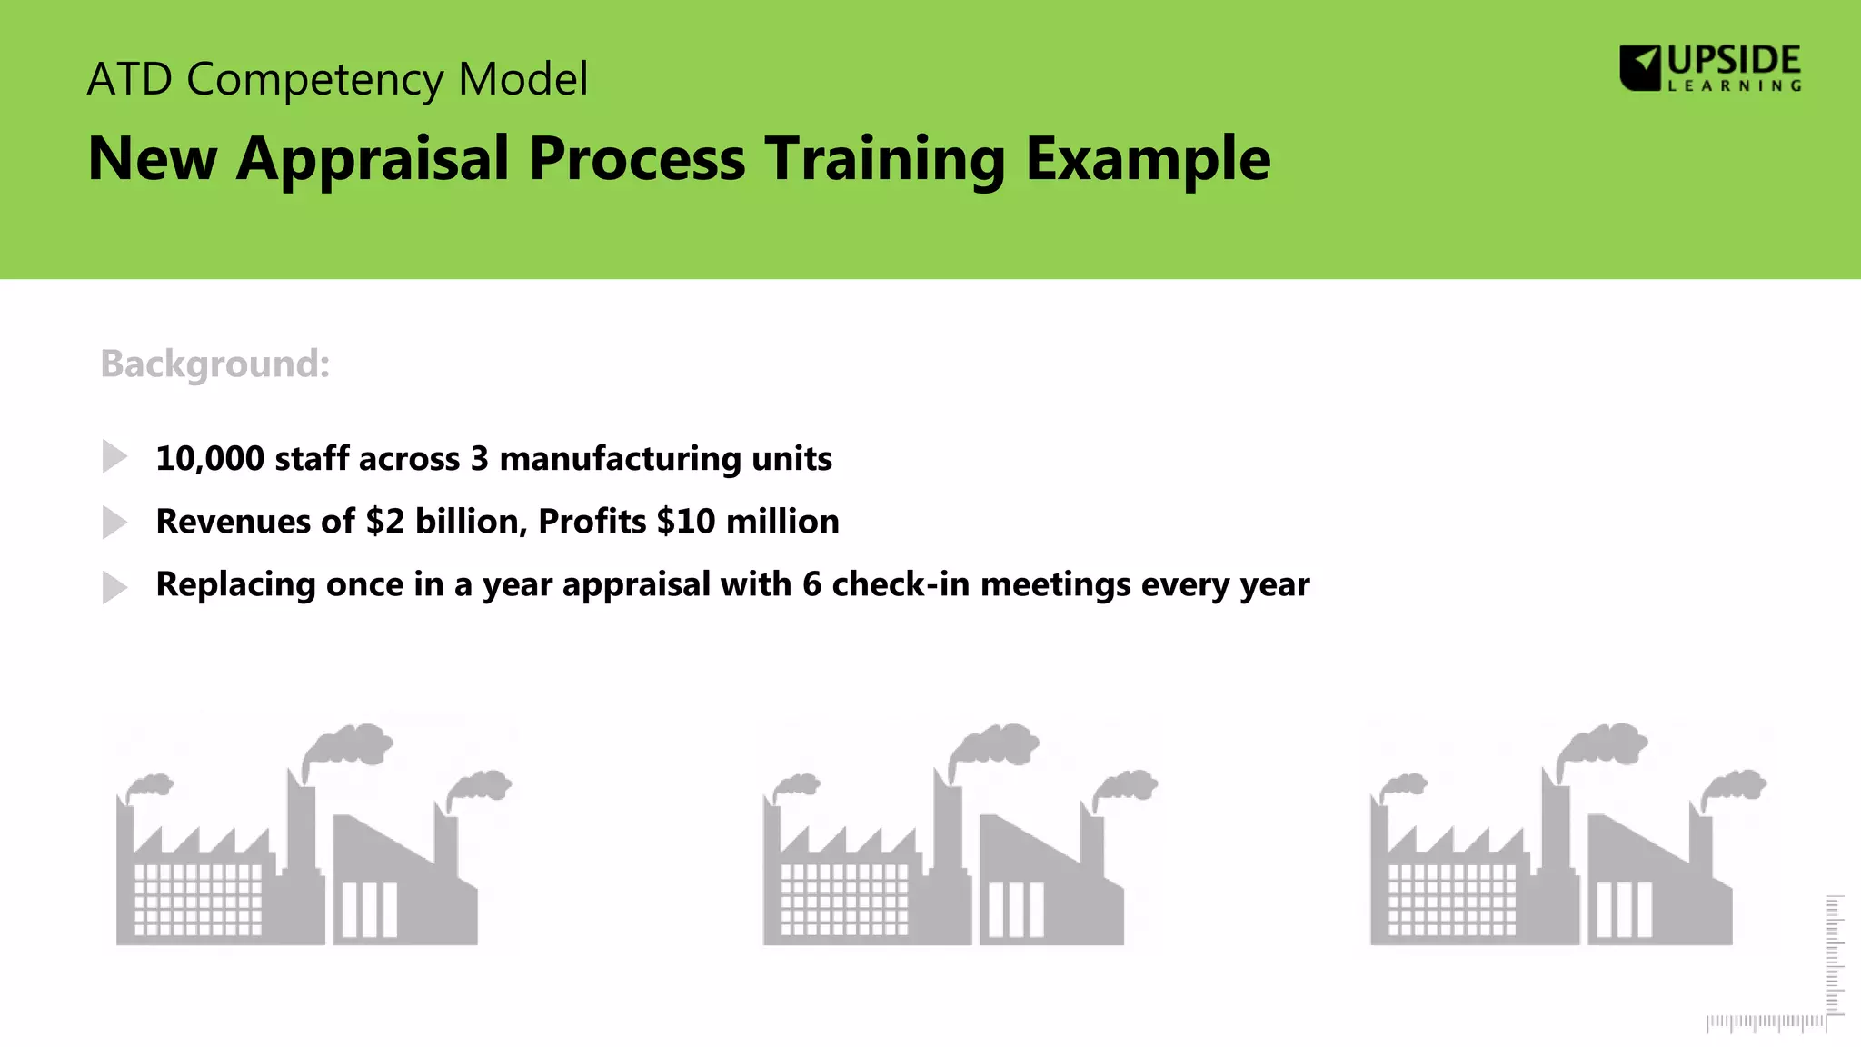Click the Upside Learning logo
(1710, 68)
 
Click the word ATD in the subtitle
(129, 79)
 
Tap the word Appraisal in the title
(373, 159)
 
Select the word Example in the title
(1147, 159)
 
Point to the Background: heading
(215, 364)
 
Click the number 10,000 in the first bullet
(210, 459)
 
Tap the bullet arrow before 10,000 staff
(114, 456)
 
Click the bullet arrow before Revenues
(114, 523)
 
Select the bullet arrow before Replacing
(114, 587)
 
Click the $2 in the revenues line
(384, 522)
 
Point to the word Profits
(592, 522)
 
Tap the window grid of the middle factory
(844, 899)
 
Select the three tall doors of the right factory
(1624, 910)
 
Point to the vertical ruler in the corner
(1835, 954)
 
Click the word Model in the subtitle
(523, 79)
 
